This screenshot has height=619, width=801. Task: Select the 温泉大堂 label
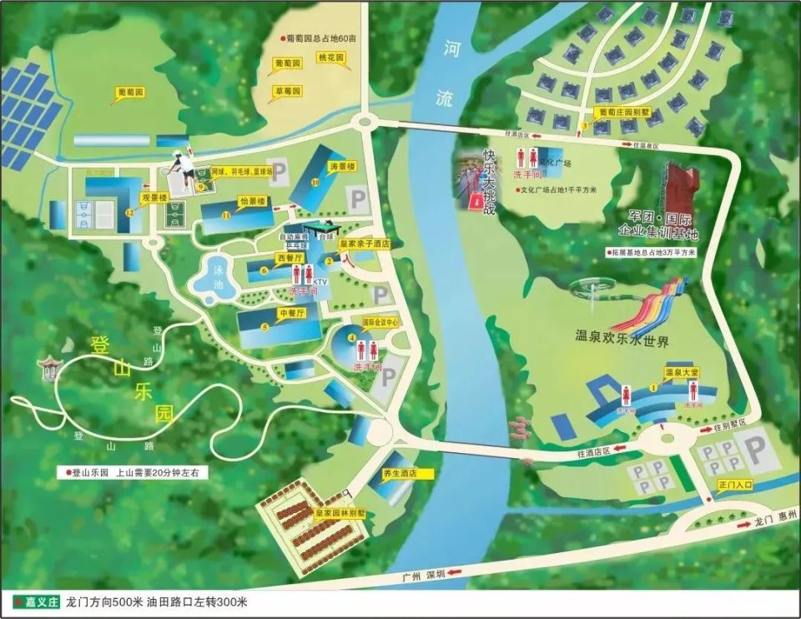pyautogui.click(x=681, y=371)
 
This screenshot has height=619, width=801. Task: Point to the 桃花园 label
pyautogui.click(x=331, y=58)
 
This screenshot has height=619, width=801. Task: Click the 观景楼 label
pyautogui.click(x=154, y=198)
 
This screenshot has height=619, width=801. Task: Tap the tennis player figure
pyautogui.click(x=183, y=169)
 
